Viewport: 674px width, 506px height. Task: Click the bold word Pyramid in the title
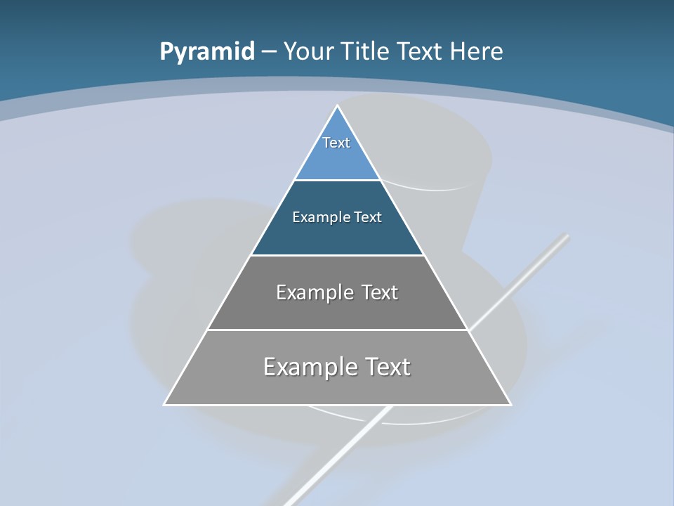point(206,52)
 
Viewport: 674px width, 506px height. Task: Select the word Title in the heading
point(364,52)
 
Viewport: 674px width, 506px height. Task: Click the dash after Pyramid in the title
point(268,52)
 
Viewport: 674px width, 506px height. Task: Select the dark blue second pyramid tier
point(337,235)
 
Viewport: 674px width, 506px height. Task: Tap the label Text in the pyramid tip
point(336,143)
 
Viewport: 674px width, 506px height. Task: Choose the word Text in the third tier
point(379,292)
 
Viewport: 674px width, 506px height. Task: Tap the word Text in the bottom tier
point(385,367)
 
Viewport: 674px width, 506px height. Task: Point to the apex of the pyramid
point(337,106)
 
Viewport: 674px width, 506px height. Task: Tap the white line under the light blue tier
point(337,180)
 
